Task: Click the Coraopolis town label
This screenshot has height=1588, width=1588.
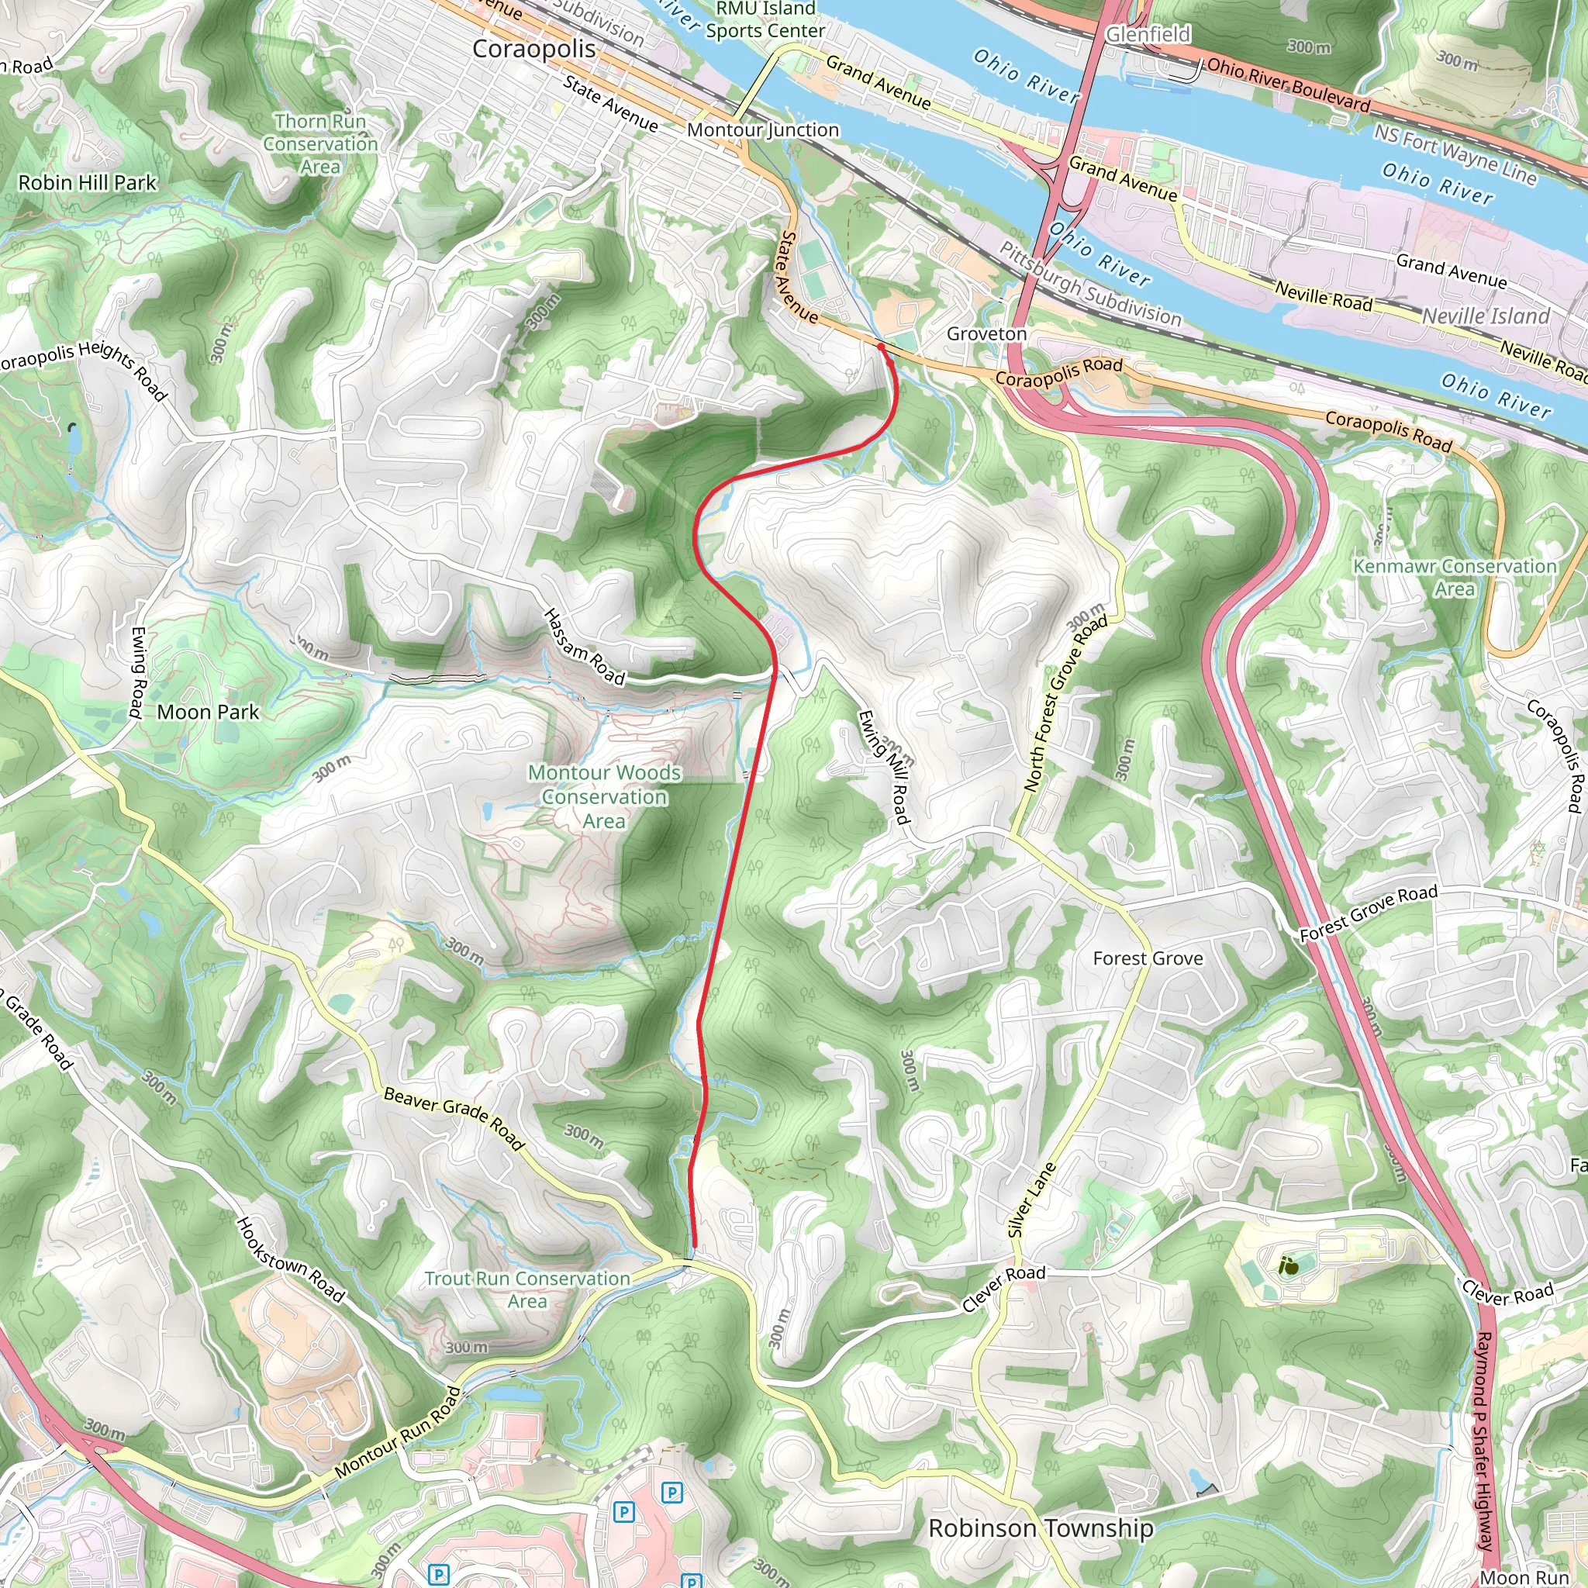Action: click(x=533, y=50)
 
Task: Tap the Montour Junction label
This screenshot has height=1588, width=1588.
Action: click(x=763, y=129)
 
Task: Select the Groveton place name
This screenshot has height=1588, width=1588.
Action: click(x=986, y=333)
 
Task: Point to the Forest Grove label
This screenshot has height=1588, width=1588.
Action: click(x=1148, y=958)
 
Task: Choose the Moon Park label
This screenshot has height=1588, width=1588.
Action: click(x=207, y=712)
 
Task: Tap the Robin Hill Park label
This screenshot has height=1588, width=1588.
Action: click(x=87, y=182)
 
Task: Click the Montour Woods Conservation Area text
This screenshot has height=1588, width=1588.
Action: click(x=604, y=796)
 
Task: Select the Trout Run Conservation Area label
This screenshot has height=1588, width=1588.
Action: click(x=526, y=1289)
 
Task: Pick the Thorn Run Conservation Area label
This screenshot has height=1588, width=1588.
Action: click(x=320, y=144)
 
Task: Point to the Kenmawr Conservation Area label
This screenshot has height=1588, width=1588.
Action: click(x=1455, y=577)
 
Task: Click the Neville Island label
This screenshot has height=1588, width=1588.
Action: click(x=1486, y=316)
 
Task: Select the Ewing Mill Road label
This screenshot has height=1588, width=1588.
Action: click(x=885, y=767)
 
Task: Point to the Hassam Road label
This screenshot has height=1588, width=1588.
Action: click(x=585, y=647)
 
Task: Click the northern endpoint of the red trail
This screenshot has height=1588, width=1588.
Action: click(x=881, y=347)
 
